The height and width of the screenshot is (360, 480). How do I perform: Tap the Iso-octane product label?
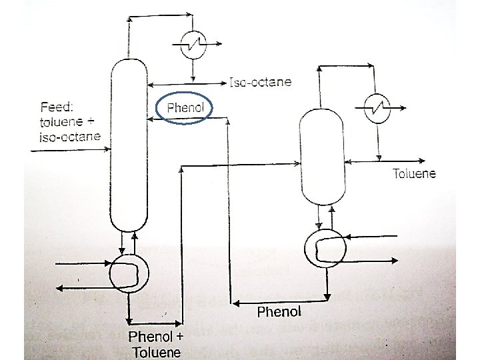tap(260, 83)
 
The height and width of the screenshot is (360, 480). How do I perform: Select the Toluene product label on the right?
tap(414, 174)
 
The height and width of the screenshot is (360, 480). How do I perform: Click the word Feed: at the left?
tap(57, 107)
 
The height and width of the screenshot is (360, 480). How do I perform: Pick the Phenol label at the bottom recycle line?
tap(279, 311)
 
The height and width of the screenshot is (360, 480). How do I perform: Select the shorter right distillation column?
tap(323, 156)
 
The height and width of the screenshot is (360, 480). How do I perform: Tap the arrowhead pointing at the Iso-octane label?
tap(224, 83)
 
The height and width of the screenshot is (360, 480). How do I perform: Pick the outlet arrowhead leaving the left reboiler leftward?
tap(59, 288)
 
